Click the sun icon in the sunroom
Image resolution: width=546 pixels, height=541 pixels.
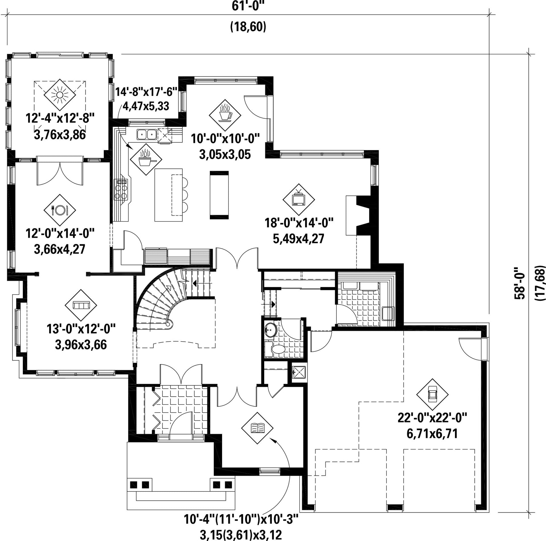coord(60,95)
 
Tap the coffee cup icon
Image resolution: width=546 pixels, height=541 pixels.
coord(225,115)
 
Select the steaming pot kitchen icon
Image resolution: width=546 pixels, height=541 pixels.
coord(146,159)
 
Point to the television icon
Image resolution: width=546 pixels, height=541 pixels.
coord(298,199)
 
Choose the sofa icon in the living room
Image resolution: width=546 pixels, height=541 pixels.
coord(81,305)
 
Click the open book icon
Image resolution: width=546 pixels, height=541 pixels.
coord(257,428)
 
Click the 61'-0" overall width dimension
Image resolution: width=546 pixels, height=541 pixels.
coord(248,6)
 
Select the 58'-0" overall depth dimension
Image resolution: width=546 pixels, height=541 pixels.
coord(519,283)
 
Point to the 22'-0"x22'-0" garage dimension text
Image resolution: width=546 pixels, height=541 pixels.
coord(432,418)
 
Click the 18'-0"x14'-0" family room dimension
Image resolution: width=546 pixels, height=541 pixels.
coord(299,223)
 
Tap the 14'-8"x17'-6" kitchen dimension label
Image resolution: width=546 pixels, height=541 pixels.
coord(146,91)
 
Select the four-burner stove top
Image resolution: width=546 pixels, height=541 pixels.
coord(121,190)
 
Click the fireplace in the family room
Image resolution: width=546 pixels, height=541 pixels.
coord(358,215)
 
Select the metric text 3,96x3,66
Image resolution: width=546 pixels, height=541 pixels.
coord(81,345)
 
